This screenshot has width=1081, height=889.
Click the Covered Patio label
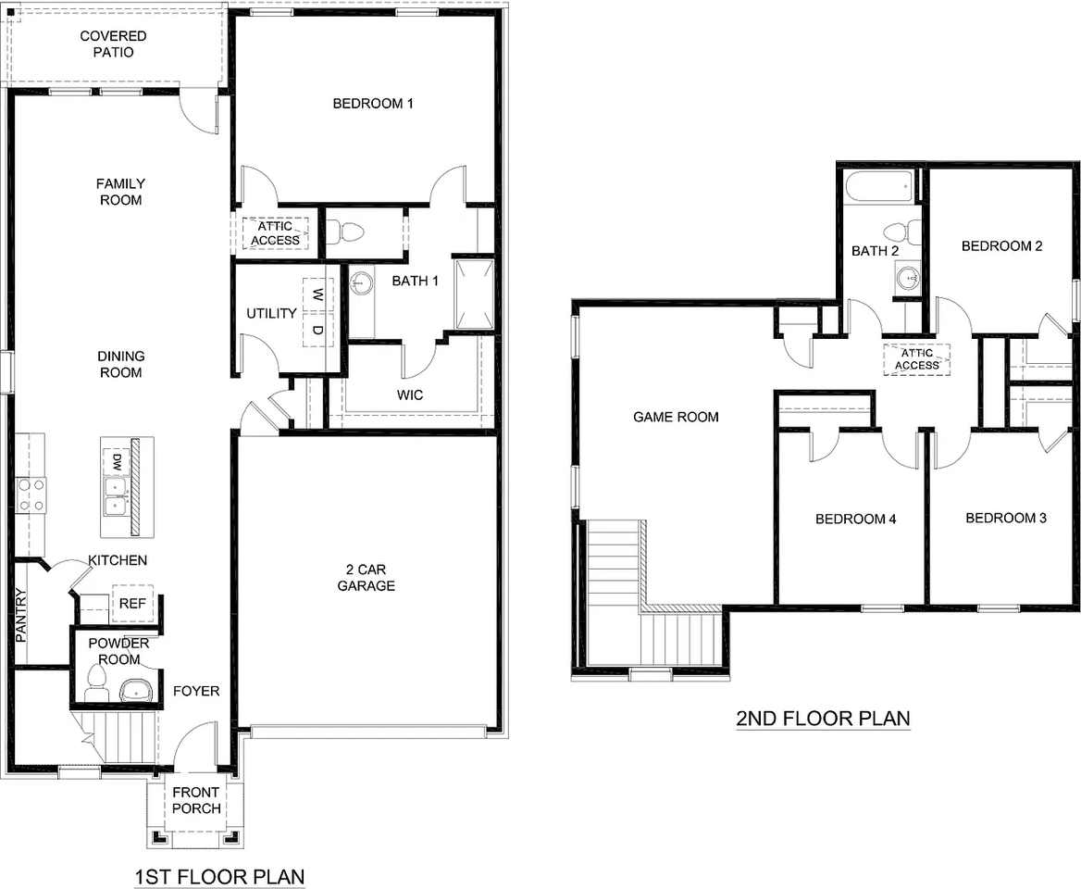pos(113,44)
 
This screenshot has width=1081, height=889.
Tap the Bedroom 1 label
pos(373,104)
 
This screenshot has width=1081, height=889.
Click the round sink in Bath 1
pos(362,280)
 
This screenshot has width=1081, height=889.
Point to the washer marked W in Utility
pos(317,295)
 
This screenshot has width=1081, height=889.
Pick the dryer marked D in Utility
pos(317,330)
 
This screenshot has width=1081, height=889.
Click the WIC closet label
pos(410,395)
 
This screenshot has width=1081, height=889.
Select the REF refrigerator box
pos(128,603)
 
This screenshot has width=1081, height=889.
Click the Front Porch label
pos(196,800)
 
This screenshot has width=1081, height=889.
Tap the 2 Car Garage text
pos(366,578)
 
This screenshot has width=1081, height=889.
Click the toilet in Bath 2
pos(901,232)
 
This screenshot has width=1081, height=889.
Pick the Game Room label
pos(676,418)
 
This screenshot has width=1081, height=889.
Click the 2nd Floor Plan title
pos(823,718)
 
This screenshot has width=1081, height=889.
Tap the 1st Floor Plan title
pos(219,876)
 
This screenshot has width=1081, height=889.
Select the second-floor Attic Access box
pos(917,358)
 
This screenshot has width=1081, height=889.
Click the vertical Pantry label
pos(21,616)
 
